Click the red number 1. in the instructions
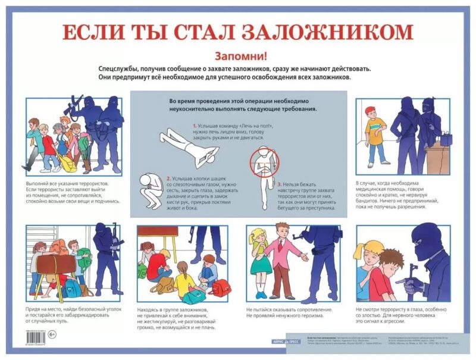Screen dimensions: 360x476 [x=195, y=127]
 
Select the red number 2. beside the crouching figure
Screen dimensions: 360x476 [x=169, y=178]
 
